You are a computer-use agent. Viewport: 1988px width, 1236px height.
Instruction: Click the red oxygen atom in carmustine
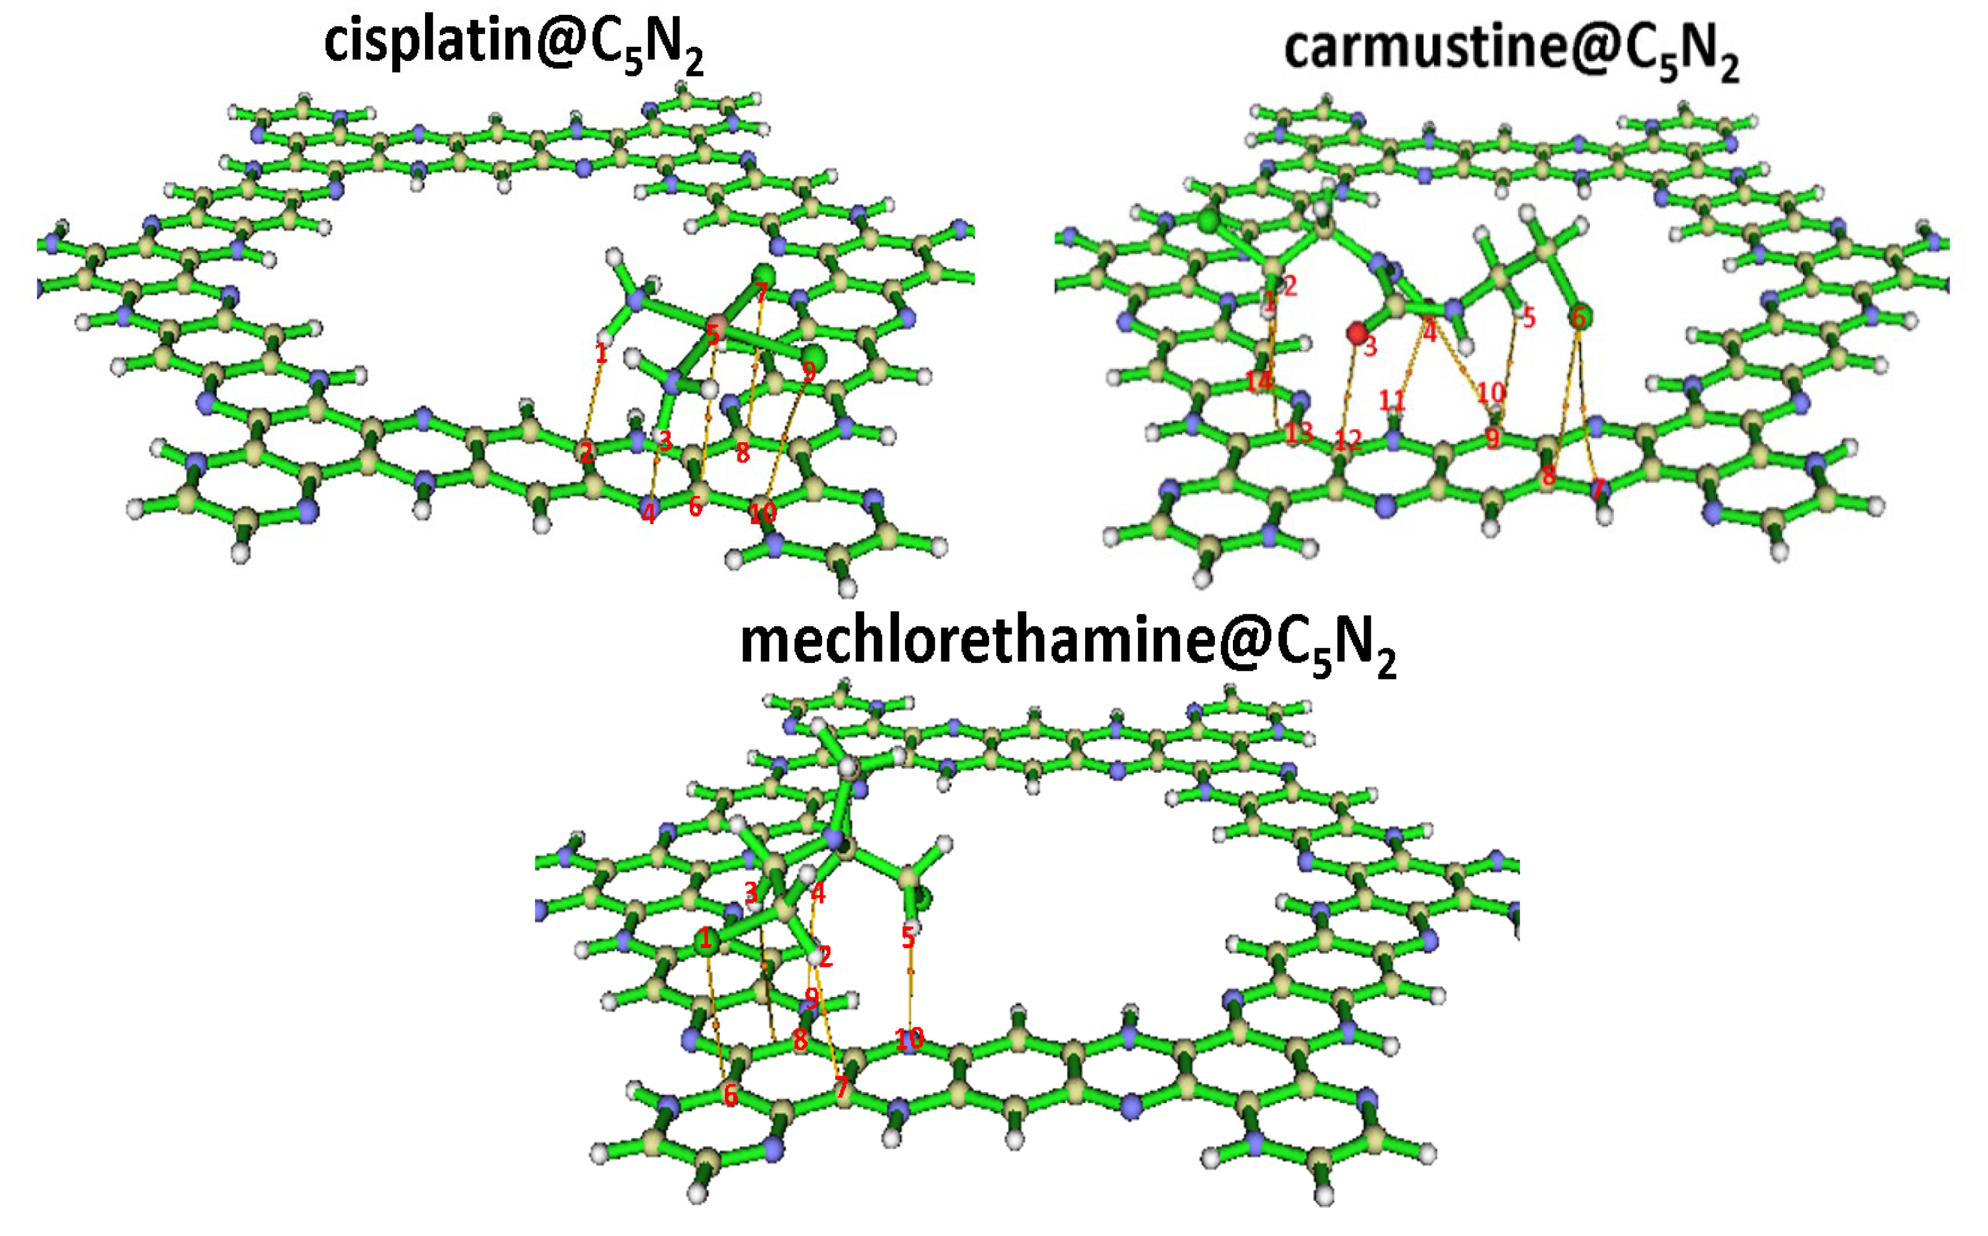[x=1357, y=333]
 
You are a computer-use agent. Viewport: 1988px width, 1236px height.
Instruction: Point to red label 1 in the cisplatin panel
[x=601, y=354]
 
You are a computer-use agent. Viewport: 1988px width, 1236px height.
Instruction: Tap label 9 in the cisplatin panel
[x=809, y=372]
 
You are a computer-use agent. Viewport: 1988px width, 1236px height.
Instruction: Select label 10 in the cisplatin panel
[x=762, y=514]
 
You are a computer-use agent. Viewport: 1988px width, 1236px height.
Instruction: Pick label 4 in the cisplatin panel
[x=649, y=514]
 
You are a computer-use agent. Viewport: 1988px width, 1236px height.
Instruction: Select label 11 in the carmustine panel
[x=1392, y=400]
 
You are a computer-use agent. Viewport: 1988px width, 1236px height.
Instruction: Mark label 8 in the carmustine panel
[x=1548, y=475]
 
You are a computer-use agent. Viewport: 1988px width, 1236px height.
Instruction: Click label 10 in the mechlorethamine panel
[x=909, y=1039]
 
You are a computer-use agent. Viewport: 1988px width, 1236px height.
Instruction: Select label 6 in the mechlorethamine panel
[x=730, y=1094]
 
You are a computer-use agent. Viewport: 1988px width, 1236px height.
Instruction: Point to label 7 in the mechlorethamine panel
[x=842, y=1087]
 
